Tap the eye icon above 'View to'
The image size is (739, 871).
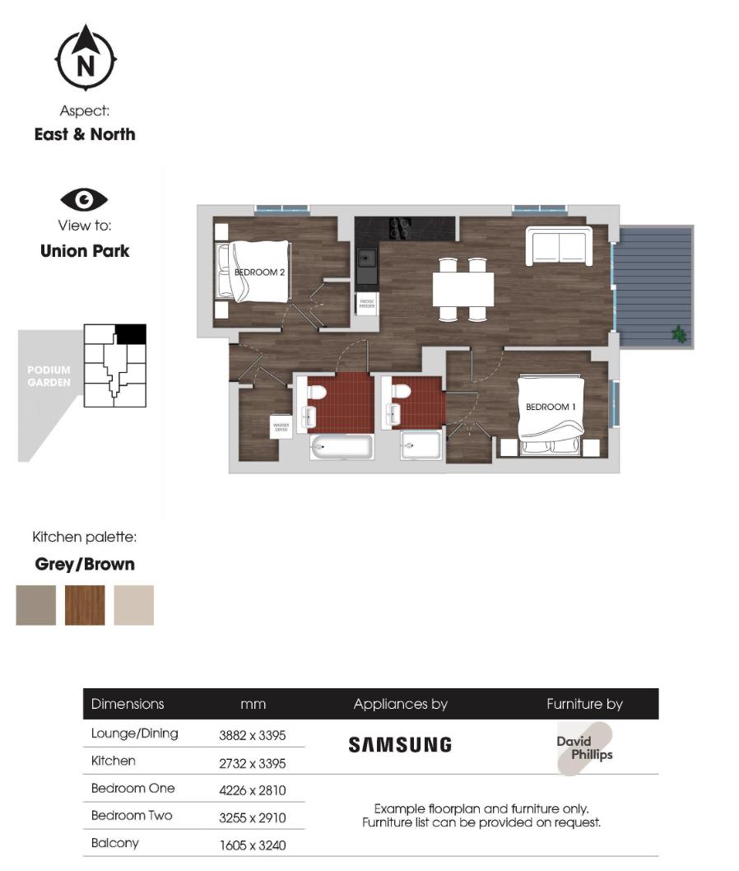tap(84, 199)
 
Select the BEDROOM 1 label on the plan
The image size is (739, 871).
tap(550, 407)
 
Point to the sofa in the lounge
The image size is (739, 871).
tap(559, 245)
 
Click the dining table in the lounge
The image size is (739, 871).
tap(463, 289)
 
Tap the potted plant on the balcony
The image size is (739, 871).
tap(679, 334)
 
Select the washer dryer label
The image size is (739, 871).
tap(281, 426)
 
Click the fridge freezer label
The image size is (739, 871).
tap(367, 304)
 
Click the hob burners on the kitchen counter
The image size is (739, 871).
tap(400, 227)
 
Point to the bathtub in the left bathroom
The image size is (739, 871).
tap(342, 448)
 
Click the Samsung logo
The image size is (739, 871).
tap(400, 745)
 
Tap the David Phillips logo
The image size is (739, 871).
tap(584, 748)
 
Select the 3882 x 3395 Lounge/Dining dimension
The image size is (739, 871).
tap(252, 735)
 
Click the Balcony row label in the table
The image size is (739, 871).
tap(115, 843)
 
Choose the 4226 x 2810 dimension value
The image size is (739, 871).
tap(252, 790)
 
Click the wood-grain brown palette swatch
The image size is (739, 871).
tap(85, 605)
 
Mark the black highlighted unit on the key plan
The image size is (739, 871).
tap(131, 333)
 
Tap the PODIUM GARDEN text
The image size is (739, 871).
tap(49, 376)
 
